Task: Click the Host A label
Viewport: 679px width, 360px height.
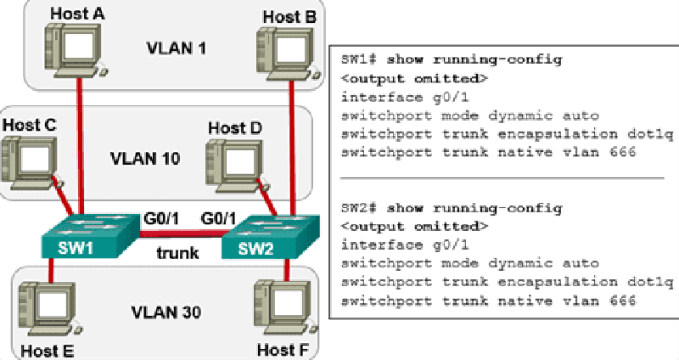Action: [77, 14]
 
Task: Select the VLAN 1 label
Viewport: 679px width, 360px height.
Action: [177, 48]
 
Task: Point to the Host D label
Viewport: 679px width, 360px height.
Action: [235, 128]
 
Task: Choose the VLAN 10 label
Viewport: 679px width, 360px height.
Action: [145, 158]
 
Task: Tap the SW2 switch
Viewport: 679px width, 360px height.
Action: [271, 236]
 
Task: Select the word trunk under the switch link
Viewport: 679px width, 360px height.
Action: [177, 252]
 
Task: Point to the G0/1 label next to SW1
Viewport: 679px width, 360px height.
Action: [160, 218]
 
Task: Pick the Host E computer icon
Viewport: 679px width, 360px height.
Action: [50, 308]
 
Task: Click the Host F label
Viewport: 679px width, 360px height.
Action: [283, 350]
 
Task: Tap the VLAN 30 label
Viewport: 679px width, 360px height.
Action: [166, 312]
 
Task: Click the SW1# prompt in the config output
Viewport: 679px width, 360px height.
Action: [359, 59]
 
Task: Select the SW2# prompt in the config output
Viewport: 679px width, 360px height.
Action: [359, 208]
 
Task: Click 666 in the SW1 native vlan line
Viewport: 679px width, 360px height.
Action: [623, 152]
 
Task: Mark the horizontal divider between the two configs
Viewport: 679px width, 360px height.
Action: [502, 178]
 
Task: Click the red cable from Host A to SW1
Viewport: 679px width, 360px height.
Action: [80, 146]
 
